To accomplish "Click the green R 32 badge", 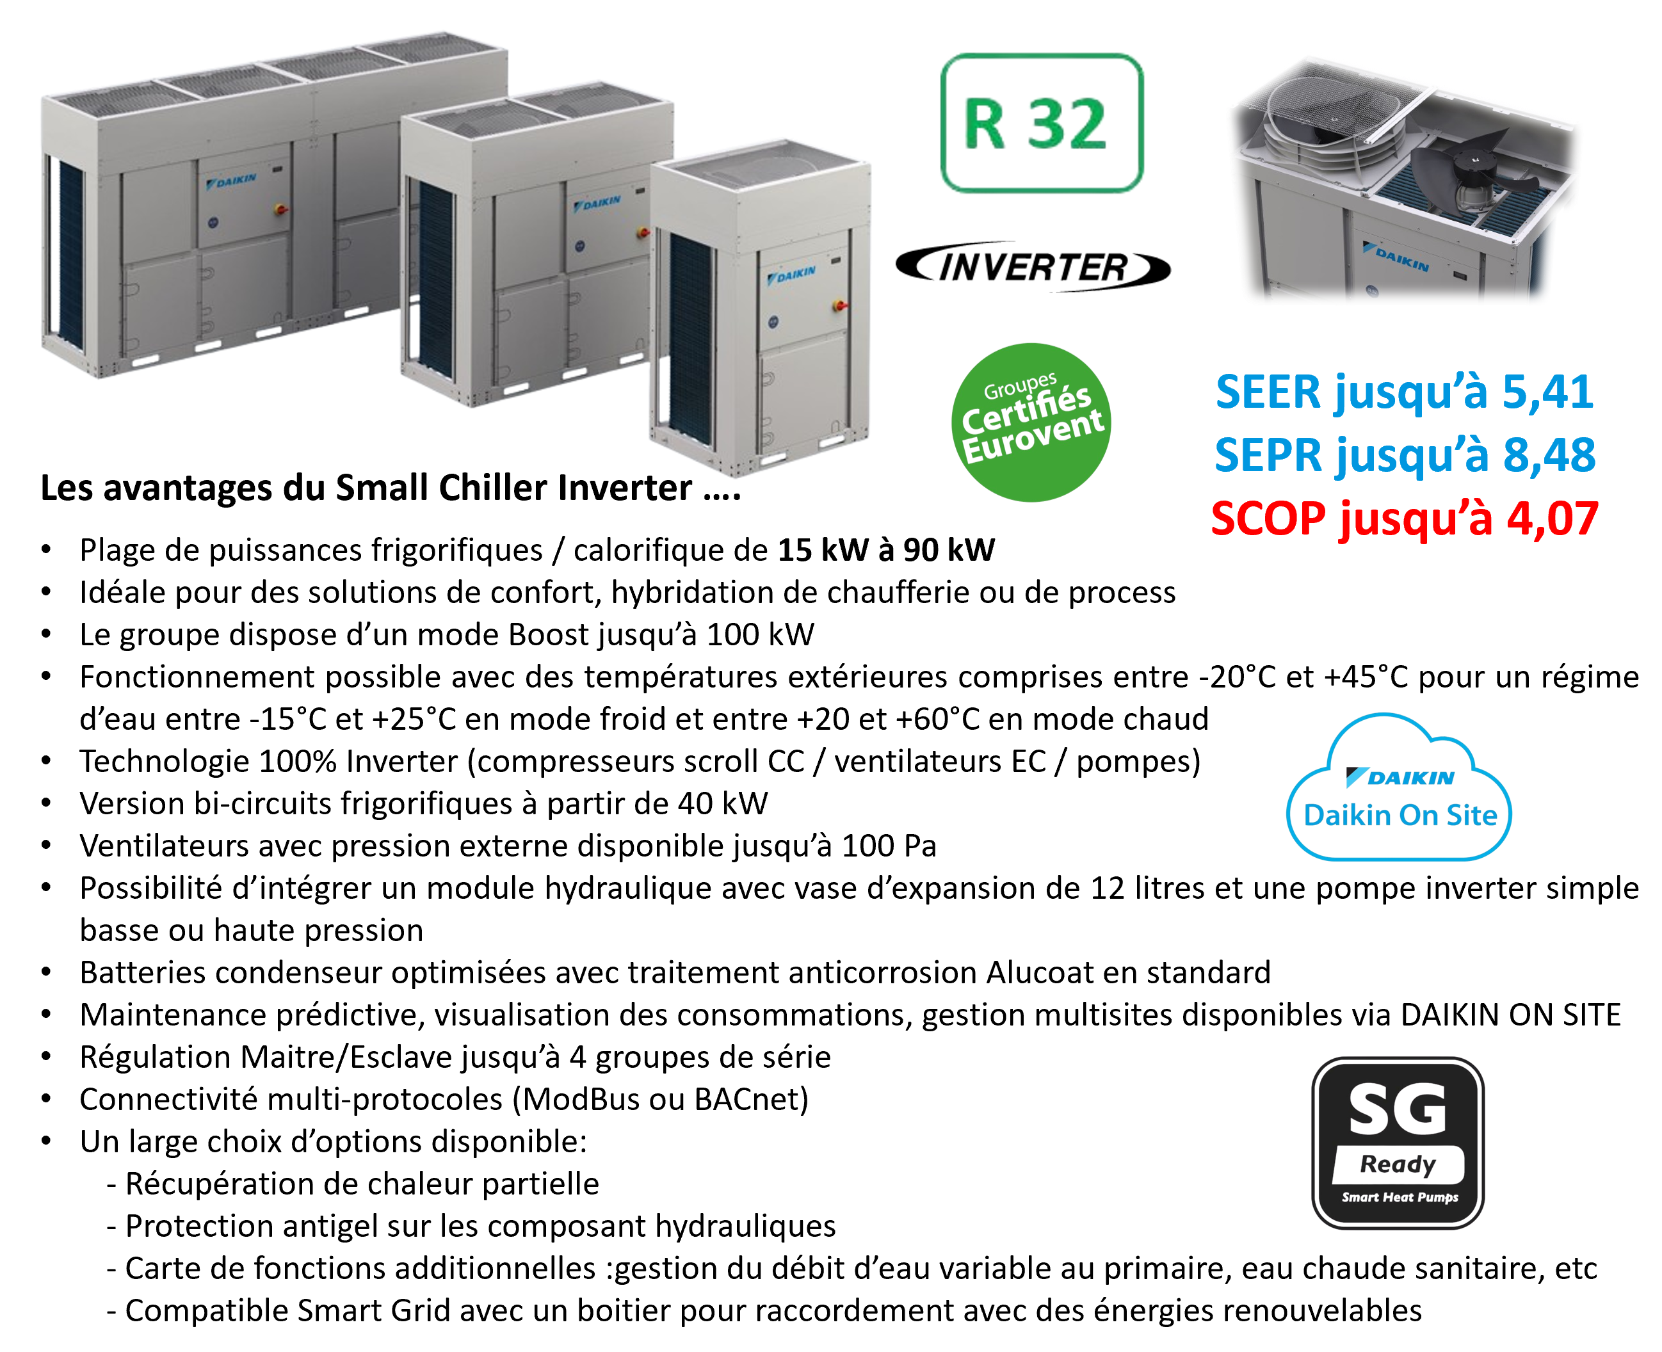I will click(x=1041, y=123).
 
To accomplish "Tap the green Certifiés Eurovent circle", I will click(x=1031, y=422).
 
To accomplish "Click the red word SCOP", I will click(x=1268, y=519).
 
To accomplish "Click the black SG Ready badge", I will click(x=1398, y=1143).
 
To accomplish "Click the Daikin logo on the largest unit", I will click(x=232, y=181).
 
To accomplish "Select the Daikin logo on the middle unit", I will click(x=597, y=204).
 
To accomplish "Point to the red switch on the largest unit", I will click(x=280, y=209).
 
